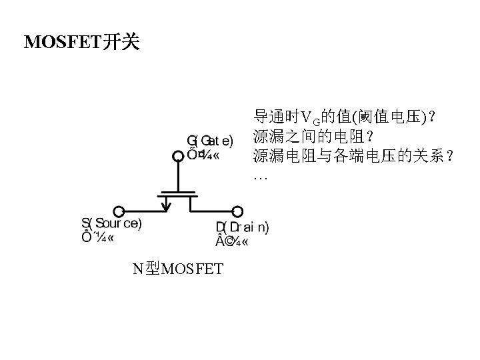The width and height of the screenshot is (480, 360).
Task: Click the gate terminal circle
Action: point(178,156)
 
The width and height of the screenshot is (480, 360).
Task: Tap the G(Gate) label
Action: point(209,141)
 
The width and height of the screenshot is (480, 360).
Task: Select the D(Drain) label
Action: point(243,227)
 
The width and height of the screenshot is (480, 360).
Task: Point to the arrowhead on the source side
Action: point(166,199)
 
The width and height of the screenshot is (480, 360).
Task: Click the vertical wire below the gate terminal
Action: point(178,176)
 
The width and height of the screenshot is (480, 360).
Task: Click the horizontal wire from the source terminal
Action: point(143,211)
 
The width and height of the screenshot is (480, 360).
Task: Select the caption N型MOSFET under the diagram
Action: point(177,269)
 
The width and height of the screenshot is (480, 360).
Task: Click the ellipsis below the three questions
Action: point(260,178)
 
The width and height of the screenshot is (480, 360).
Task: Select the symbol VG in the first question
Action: point(311,119)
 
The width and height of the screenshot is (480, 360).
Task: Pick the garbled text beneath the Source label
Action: point(97,239)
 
